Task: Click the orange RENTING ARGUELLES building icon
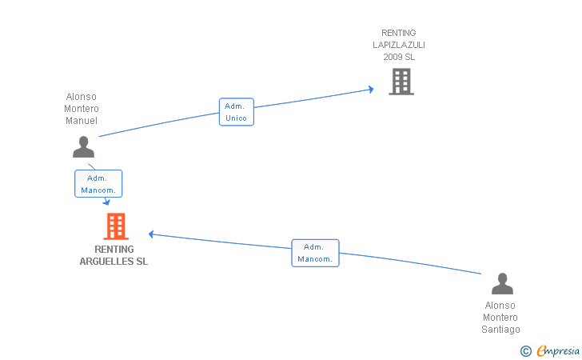116,226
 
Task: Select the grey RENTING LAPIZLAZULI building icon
401,81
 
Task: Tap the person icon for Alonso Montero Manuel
83,147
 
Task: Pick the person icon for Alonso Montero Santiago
501,284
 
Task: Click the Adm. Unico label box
236,112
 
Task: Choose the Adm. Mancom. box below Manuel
98,184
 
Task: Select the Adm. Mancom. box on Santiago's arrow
315,253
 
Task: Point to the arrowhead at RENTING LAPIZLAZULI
371,89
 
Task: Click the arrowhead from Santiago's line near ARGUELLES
152,234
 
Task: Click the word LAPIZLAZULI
398,45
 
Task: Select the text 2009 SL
398,57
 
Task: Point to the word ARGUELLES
114,262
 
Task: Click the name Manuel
81,121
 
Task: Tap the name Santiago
500,330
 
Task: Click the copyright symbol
525,350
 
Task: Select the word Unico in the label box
236,118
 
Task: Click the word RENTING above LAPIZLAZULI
398,33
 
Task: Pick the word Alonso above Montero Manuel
81,97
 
